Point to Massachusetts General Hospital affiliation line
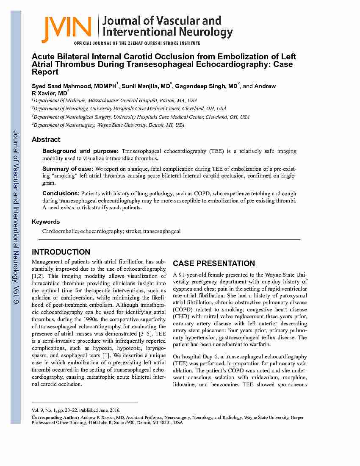(x=114, y=100)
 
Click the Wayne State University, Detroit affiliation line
(x=109, y=125)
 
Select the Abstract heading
(x=46, y=139)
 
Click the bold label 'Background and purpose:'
(x=80, y=151)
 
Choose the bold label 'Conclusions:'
(x=61, y=193)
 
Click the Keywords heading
(x=46, y=222)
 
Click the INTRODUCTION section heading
(x=61, y=252)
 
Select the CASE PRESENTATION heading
(x=214, y=263)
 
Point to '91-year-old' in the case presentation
(x=193, y=275)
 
